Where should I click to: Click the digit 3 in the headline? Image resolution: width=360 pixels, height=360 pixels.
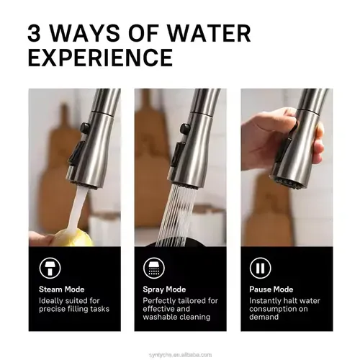point(34,33)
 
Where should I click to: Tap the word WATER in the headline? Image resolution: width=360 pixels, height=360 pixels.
point(209,33)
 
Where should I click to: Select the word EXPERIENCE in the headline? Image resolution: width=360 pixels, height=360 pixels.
point(100,58)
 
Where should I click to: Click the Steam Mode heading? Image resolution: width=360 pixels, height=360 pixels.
point(62,289)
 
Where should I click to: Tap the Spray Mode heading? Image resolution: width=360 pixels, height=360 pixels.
point(164,289)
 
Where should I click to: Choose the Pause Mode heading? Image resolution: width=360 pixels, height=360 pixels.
point(271,289)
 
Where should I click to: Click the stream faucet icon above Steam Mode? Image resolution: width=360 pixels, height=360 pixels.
point(50,268)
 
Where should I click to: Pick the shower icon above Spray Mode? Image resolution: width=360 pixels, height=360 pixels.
point(154,268)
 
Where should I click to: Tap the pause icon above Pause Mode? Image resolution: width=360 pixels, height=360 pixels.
point(260,268)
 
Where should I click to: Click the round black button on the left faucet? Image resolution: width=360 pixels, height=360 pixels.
point(85,128)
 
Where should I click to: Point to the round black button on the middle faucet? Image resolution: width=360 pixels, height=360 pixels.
point(185,129)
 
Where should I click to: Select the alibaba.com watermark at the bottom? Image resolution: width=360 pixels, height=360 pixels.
point(180,355)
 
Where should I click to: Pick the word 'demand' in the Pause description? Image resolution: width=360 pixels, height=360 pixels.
point(264,317)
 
